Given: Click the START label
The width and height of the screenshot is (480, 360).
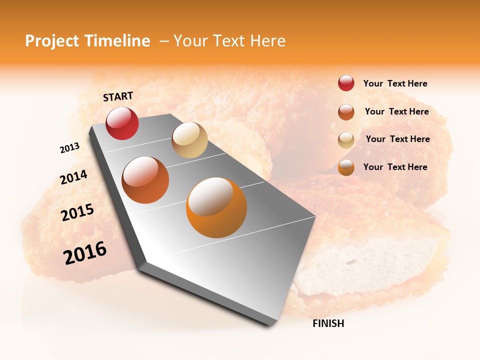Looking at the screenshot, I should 118,96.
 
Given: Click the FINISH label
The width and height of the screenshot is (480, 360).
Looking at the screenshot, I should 328,323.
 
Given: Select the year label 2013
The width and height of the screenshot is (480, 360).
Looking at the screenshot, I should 69,148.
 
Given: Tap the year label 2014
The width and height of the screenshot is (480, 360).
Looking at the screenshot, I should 73,177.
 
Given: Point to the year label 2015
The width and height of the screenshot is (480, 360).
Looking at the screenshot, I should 77,212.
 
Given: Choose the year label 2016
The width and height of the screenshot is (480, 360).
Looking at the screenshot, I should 85,253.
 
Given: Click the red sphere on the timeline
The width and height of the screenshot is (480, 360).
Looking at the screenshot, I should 122,123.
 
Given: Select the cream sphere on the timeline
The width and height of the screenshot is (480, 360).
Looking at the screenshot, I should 189,140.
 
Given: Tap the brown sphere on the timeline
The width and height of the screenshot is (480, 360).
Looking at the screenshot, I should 145,180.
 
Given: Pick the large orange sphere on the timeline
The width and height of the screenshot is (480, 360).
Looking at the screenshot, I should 216,207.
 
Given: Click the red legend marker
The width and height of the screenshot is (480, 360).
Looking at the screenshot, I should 346,83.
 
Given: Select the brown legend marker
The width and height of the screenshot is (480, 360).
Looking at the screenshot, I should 346,112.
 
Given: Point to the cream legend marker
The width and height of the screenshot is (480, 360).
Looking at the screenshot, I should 346,140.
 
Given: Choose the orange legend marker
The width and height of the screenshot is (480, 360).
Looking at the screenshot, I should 346,167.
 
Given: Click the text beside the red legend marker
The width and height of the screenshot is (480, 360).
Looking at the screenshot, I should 395,83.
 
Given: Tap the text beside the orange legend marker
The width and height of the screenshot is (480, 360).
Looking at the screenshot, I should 395,167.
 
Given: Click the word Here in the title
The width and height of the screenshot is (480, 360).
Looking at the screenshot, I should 267,41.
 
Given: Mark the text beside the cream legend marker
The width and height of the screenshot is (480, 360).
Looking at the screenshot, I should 397,139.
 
